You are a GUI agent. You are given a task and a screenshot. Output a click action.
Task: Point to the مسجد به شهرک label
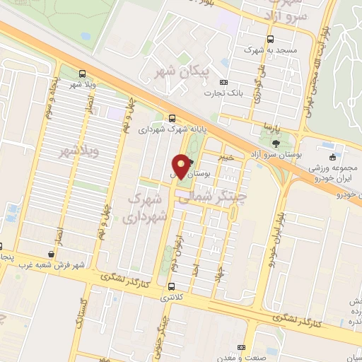click(268, 50)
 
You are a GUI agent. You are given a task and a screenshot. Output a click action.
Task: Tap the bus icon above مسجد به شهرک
click(269, 39)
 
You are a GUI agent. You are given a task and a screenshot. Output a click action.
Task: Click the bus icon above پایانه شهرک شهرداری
click(172, 118)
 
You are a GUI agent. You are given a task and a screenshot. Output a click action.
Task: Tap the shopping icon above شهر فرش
click(51, 253)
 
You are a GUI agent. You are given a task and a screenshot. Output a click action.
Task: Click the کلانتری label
click(173, 298)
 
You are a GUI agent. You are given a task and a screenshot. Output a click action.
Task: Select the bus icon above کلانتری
click(172, 286)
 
